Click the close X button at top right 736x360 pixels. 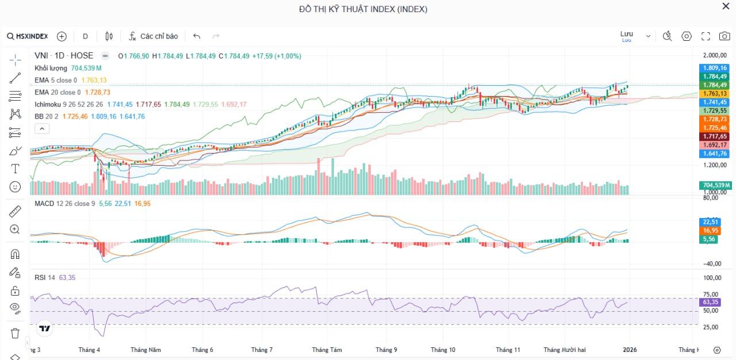coord(726,6)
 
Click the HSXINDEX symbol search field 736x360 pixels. coord(28,36)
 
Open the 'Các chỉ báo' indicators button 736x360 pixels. coord(153,36)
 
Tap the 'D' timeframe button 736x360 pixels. coord(85,36)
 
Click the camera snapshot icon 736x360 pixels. coord(724,36)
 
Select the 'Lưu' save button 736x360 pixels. coord(627,35)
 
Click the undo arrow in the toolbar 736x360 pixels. coord(197,36)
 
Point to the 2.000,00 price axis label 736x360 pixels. coord(715,56)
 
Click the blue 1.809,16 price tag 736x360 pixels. coord(715,68)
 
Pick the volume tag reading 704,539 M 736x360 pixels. coord(716,185)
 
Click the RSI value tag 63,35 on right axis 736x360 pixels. coord(711,302)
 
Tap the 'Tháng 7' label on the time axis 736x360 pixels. coord(262,350)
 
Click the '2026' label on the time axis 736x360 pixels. coord(630,350)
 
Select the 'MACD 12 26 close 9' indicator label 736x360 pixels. coord(64,204)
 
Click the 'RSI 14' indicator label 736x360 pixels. coord(45,278)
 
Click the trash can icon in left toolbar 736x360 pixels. coord(15,333)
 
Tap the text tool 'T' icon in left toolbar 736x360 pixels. coord(15,168)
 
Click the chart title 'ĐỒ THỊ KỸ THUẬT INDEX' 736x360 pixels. coord(363,9)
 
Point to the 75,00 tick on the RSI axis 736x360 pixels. coord(711,294)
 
